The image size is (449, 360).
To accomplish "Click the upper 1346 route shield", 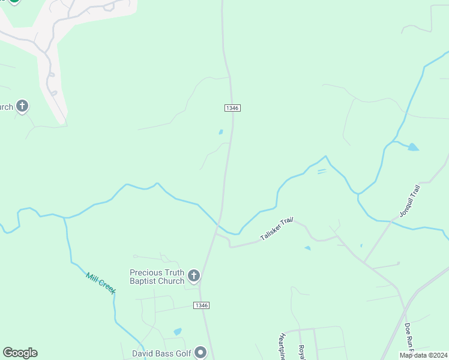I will (233, 107).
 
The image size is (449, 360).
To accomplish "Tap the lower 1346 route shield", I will (202, 305).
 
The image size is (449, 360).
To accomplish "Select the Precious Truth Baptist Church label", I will (157, 277).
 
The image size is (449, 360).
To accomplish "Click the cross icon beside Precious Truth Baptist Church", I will (193, 276).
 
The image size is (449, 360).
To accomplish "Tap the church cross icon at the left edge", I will (22, 107).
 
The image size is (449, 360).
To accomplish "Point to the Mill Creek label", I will (100, 283).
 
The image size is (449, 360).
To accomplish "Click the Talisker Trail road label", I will (276, 230).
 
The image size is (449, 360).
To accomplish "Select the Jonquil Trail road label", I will (410, 201).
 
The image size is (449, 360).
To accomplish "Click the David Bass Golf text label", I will (161, 353).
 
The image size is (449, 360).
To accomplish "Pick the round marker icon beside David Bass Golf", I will (201, 352).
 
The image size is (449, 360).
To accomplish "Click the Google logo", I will (20, 353).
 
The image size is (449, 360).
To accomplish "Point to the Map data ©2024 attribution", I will (423, 355).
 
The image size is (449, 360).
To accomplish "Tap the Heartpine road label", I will (282, 347).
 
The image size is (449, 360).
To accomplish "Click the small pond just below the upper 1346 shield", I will (221, 132).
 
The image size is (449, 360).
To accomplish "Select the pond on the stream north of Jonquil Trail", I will (412, 146).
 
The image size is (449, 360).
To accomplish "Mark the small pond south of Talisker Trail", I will (307, 248).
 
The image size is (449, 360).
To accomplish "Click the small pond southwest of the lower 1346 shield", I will (177, 331).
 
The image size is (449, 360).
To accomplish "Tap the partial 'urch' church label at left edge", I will (7, 107).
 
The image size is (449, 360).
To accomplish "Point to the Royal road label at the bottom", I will (302, 352).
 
